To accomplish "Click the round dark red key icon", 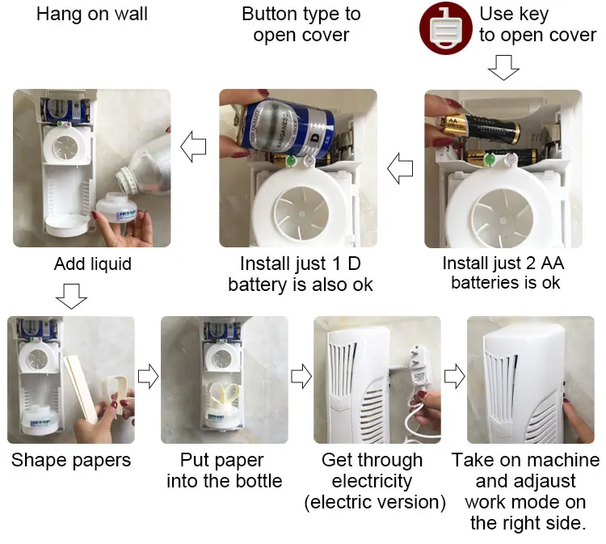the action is point(445,28).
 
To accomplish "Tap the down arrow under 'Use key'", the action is point(503,68).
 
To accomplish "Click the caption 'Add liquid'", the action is point(93,264).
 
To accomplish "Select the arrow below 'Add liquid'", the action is point(71,296).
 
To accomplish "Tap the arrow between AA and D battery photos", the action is point(400,169).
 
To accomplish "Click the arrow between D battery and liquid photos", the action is point(193,147).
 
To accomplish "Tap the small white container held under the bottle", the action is point(116,208).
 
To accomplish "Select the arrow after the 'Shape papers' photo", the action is point(148,376).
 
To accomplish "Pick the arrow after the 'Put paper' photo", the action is point(301,376).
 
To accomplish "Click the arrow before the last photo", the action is point(454,376).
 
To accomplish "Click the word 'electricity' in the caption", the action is point(372,482).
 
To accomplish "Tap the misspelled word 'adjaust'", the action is point(526,482).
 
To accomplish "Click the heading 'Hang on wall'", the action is point(92,15).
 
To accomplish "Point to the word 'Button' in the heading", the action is point(270,14).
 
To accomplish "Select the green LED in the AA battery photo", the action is point(490,158).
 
